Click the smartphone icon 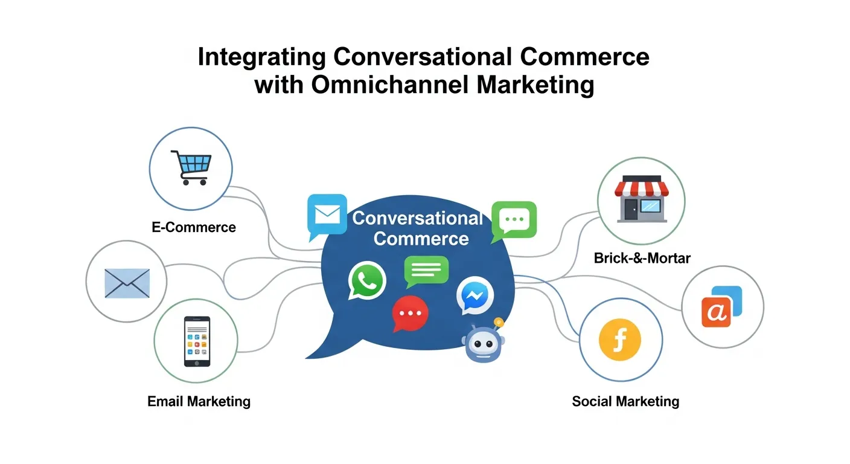pos(197,341)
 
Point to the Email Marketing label pos(199,401)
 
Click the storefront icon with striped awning pos(641,200)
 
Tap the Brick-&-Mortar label pos(642,259)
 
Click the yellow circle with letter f pos(619,341)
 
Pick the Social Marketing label pos(625,401)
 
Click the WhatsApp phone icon pos(367,280)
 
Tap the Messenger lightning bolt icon pos(475,295)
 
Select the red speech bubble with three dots pos(411,314)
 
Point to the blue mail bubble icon pos(327,214)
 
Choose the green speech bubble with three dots pos(513,220)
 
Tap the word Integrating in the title pos(261,57)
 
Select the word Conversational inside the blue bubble pos(418,218)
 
